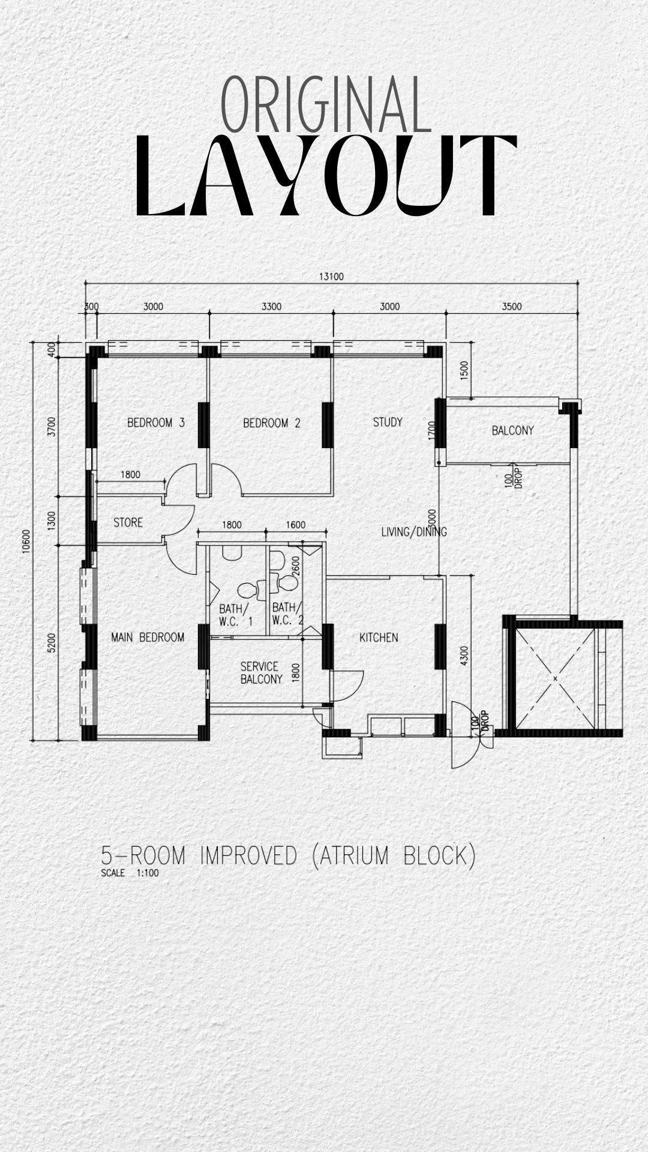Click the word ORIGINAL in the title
coord(326,105)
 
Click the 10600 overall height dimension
coord(26,540)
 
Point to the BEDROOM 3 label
coord(156,423)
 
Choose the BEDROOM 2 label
coord(271,423)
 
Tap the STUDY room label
coord(388,422)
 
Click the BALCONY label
coord(512,430)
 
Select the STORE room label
coord(128,523)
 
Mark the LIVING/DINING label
coord(414,532)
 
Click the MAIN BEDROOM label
coord(148,637)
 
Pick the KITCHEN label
coord(379,637)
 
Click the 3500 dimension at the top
coord(512,307)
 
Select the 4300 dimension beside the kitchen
coord(463,656)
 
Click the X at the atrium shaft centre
coord(556,679)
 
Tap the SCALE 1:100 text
coord(130,873)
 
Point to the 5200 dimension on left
coord(52,643)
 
